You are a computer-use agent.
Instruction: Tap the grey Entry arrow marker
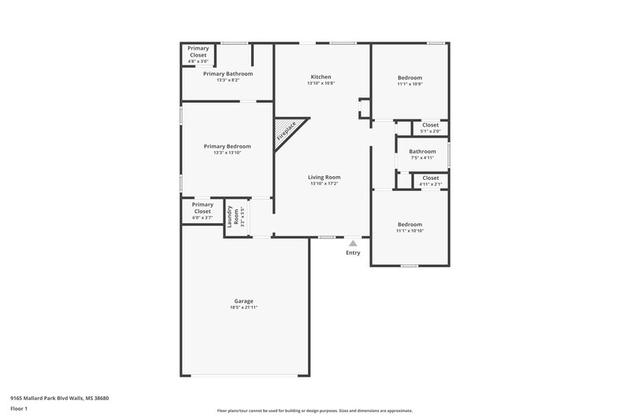click(x=353, y=244)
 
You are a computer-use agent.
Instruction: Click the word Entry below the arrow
click(x=353, y=253)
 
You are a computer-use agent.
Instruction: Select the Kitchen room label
click(x=321, y=77)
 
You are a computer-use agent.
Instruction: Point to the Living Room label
click(x=324, y=178)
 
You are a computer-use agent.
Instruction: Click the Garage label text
click(x=243, y=301)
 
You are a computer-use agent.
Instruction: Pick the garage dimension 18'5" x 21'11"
click(x=243, y=307)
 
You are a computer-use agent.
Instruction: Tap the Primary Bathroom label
click(x=228, y=74)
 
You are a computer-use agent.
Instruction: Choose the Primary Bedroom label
click(x=227, y=146)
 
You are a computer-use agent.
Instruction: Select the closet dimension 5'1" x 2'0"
click(x=431, y=131)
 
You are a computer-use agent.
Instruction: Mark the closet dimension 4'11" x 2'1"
click(x=431, y=184)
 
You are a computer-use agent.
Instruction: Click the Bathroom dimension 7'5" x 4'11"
click(x=423, y=158)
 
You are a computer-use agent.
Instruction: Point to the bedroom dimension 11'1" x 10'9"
click(x=409, y=84)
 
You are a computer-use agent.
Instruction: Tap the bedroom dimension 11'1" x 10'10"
click(x=409, y=230)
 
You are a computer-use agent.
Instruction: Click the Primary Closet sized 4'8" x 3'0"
click(x=198, y=52)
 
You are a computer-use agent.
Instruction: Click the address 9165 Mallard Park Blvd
click(x=59, y=398)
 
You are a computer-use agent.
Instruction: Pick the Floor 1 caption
click(x=20, y=410)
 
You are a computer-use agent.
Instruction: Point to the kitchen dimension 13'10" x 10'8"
click(x=321, y=83)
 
